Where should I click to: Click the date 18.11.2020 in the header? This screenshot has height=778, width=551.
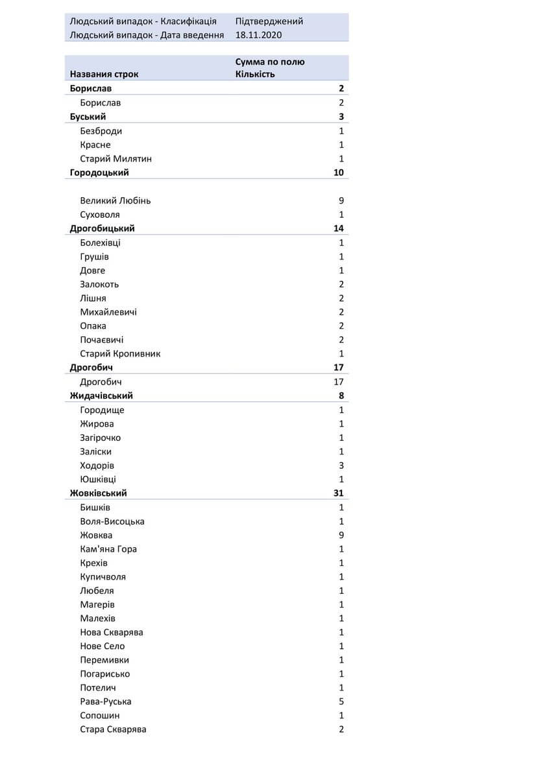[x=258, y=35]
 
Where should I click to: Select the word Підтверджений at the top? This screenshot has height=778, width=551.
[x=269, y=21]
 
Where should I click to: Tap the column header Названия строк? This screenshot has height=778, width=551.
[x=104, y=74]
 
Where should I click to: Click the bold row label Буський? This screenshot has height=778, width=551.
[x=88, y=117]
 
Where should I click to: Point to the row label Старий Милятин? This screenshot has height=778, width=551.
[x=116, y=159]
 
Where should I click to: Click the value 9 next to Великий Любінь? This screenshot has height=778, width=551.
[x=341, y=200]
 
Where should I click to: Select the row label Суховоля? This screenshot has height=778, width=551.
[x=100, y=215]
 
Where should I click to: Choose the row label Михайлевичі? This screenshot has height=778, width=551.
[x=108, y=312]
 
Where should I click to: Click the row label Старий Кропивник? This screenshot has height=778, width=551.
[x=120, y=354]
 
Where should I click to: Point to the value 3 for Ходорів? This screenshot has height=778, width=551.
[x=341, y=466]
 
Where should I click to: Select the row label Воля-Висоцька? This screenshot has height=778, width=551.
[x=112, y=521]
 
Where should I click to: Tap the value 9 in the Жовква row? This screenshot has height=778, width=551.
[x=341, y=535]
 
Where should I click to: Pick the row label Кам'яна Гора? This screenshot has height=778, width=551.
[x=108, y=549]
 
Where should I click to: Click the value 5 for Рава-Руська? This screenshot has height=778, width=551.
[x=341, y=701]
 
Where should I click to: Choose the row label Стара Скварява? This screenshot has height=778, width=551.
[x=113, y=729]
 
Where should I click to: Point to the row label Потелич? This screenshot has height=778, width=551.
[x=98, y=688]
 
